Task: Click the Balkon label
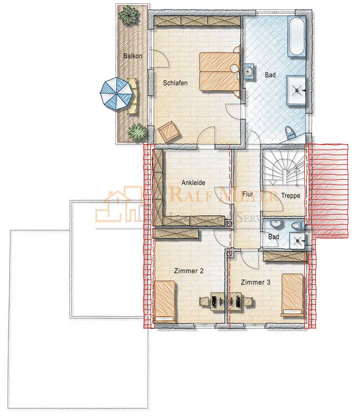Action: [132, 56]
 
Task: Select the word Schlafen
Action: [175, 83]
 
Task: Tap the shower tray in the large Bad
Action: [297, 90]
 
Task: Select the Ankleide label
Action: [193, 183]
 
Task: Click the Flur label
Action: [247, 194]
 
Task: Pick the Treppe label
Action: [290, 196]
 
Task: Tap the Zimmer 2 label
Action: [188, 271]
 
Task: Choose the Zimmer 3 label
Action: [255, 282]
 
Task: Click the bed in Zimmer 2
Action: [165, 300]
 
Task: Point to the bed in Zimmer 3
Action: [292, 295]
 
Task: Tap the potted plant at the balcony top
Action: [129, 16]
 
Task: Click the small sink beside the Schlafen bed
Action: [249, 72]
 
